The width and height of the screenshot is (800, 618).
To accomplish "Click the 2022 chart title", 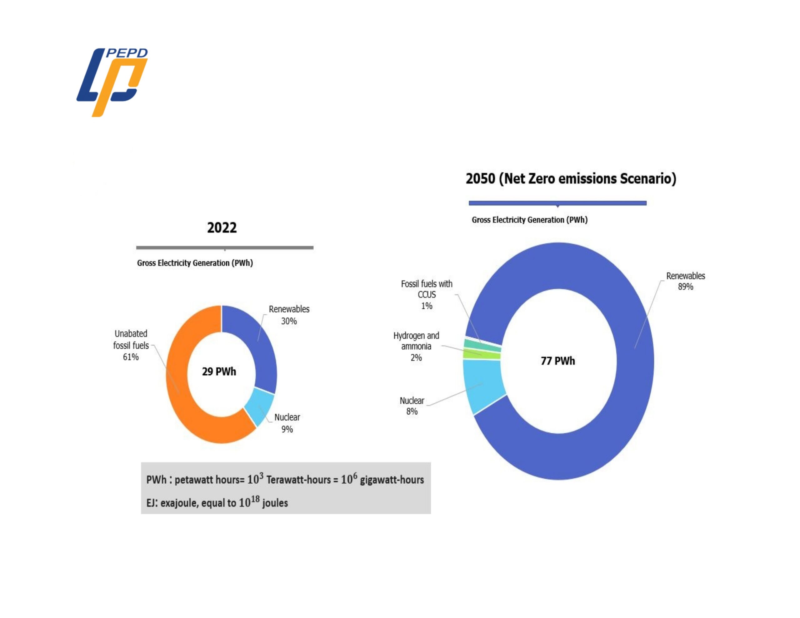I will coord(222,228).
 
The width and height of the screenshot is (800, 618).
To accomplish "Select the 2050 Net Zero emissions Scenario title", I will coord(571,179).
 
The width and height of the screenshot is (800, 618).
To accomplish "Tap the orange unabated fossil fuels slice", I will coord(183,396).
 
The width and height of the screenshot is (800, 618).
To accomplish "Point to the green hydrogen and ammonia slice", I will coord(481,355).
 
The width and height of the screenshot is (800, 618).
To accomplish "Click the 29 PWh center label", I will coord(219,372).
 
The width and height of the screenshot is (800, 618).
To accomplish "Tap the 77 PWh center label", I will coord(557,361).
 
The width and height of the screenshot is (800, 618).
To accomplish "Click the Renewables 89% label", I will coord(685,281).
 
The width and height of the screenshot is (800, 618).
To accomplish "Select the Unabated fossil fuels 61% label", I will coord(131,345).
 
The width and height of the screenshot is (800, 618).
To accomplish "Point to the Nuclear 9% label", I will coord(287,423).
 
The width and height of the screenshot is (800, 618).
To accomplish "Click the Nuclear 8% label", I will coord(412,406).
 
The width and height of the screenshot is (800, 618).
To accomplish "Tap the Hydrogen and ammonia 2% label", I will coord(416,346).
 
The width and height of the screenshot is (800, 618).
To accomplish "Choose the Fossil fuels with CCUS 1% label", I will coord(426,295).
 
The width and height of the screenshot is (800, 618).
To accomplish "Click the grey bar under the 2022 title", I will coord(225,248).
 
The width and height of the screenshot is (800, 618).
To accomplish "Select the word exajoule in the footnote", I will coord(179,503).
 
